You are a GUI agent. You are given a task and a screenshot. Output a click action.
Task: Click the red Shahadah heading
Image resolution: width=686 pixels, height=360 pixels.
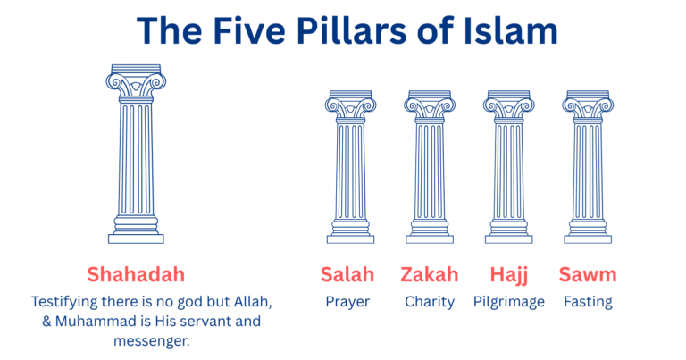click(x=136, y=273)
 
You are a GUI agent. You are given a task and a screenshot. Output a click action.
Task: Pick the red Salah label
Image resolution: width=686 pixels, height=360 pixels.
click(x=347, y=273)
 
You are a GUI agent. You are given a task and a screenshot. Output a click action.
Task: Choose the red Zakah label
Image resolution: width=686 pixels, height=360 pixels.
click(x=430, y=273)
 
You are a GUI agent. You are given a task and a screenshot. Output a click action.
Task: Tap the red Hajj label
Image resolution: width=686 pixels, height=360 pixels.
click(x=508, y=273)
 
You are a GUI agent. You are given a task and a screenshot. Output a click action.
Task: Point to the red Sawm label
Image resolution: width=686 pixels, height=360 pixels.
click(x=588, y=273)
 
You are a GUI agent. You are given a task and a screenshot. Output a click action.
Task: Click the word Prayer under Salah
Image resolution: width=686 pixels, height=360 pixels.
click(x=347, y=302)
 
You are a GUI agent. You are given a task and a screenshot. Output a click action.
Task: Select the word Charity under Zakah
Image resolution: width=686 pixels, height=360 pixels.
click(x=430, y=302)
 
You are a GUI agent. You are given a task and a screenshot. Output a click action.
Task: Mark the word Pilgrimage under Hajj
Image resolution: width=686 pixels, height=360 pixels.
click(x=508, y=302)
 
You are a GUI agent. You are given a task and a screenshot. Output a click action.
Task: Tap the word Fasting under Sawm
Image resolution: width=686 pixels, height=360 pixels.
click(x=588, y=302)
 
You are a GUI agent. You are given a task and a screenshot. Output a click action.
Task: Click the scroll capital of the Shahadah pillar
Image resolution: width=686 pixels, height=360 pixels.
click(x=136, y=82)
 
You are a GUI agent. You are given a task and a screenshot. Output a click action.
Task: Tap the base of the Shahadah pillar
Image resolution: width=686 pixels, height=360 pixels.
click(x=136, y=234)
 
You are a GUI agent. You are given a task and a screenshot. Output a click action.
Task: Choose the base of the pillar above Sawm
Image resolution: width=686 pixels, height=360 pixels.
click(x=588, y=235)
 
